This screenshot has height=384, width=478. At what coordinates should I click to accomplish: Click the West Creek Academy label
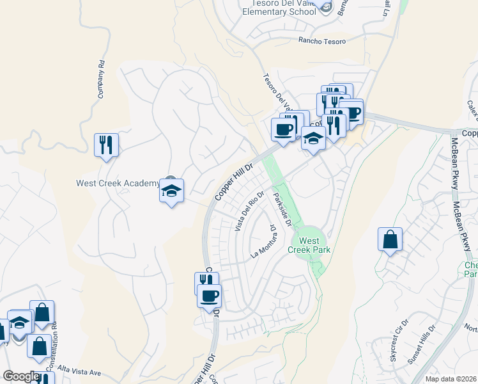click(x=116, y=183)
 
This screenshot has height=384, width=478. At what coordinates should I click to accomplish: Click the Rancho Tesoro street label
click(x=321, y=42)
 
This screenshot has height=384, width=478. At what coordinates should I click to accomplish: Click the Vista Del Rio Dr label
click(x=250, y=212)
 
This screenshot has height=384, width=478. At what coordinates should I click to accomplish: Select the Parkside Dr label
click(x=282, y=209)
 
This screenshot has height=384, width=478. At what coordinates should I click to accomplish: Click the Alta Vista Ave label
click(x=79, y=372)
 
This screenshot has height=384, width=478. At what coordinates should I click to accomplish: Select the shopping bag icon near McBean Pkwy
click(x=390, y=240)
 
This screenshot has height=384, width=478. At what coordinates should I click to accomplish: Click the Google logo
click(x=20, y=376)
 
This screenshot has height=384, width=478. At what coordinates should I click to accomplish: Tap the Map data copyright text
click(x=450, y=379)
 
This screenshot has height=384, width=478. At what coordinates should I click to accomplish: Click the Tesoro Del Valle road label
click(x=277, y=92)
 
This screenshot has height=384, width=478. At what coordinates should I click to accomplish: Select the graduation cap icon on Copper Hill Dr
click(x=312, y=139)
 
